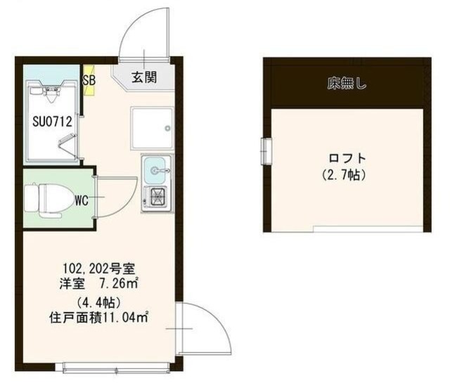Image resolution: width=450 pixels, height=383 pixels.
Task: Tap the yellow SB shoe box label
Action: click(89, 79)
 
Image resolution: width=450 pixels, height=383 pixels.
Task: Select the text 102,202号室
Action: click(103, 268)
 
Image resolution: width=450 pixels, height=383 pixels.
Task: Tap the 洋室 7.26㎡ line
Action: click(98, 284)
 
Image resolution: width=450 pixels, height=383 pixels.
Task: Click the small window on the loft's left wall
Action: click(266, 149)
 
